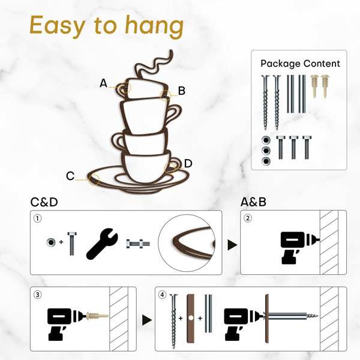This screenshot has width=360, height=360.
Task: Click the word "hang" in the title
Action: pos(154,26)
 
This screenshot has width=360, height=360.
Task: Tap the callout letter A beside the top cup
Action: pos(104,83)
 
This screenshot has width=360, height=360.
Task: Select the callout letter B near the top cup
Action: pos(182,91)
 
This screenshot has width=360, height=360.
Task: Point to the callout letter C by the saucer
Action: pos(70,176)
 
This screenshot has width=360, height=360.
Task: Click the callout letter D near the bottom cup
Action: pos(188,163)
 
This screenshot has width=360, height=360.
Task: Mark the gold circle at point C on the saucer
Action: pos(94,180)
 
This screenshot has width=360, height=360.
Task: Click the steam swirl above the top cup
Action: pos(154,64)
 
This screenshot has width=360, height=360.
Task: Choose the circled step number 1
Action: pos(38,218)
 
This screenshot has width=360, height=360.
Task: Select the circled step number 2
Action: pos(247,218)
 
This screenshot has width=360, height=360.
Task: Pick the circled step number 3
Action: pos(38,295)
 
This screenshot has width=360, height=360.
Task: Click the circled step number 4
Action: pos(163,295)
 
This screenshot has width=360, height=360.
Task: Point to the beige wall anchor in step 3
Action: pos(97,316)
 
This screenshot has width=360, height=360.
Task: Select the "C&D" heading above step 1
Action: pos(44,202)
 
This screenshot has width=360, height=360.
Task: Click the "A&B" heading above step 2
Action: pos(253,202)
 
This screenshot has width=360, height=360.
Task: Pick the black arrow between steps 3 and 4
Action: pos(146,320)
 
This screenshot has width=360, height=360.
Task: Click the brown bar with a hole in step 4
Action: pos(190,319)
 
